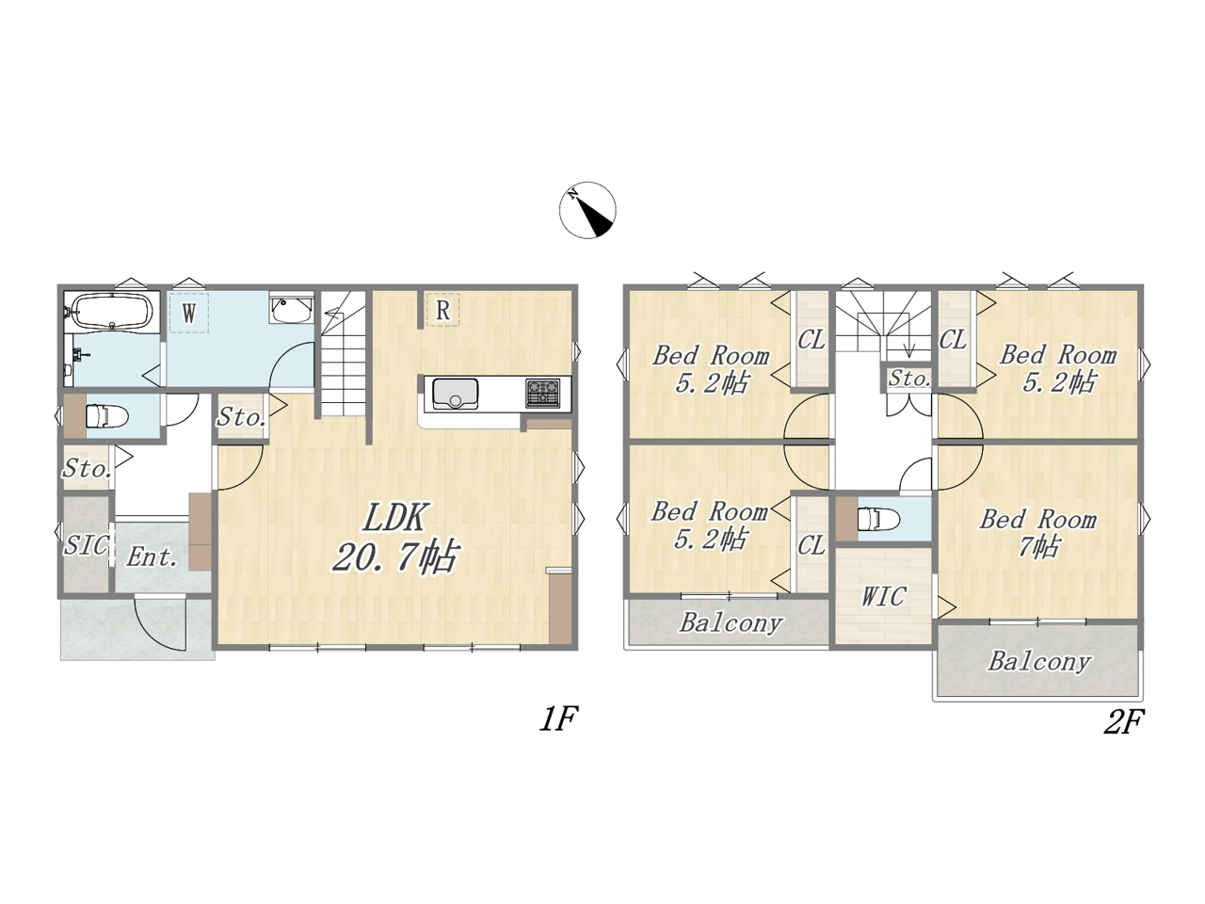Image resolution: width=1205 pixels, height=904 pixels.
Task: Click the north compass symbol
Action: pyautogui.click(x=587, y=210)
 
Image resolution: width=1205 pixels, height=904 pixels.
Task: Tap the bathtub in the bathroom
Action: pyautogui.click(x=113, y=311)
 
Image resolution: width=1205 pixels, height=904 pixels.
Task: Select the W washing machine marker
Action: pyautogui.click(x=189, y=313)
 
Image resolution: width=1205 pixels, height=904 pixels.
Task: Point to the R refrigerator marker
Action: pyautogui.click(x=442, y=310)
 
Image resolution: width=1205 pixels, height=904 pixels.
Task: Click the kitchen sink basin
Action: pyautogui.click(x=455, y=393)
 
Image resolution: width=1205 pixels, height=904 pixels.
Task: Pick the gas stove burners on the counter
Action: pyautogui.click(x=543, y=393)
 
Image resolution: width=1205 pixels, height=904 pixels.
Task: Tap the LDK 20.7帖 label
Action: pyautogui.click(x=394, y=537)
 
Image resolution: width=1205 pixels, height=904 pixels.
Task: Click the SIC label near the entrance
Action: pyautogui.click(x=86, y=545)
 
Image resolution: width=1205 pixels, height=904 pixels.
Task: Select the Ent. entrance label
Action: pyautogui.click(x=153, y=557)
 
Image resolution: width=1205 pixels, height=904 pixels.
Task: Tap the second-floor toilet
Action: pyautogui.click(x=879, y=519)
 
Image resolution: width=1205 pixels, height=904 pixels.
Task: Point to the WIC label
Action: pyautogui.click(x=883, y=596)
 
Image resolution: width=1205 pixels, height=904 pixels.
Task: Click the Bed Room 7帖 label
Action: pyautogui.click(x=1038, y=534)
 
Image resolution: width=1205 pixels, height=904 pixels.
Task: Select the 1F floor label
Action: pyautogui.click(x=558, y=719)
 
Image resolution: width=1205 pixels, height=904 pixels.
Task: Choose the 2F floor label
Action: pyautogui.click(x=1123, y=721)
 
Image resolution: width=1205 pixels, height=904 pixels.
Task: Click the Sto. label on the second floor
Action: pyautogui.click(x=909, y=379)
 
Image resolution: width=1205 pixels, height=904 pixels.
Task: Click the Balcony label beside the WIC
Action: pyautogui.click(x=731, y=623)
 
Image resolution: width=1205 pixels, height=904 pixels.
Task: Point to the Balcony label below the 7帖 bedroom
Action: pyautogui.click(x=1039, y=662)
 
